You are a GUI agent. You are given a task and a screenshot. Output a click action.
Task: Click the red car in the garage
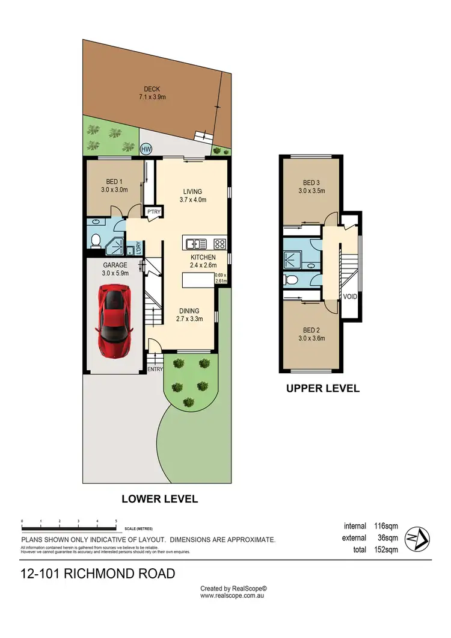114,321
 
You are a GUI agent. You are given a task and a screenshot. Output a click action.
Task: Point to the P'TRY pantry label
149,212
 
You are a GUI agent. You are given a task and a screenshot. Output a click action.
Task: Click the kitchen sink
196,244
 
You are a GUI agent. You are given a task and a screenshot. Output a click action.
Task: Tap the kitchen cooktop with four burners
219,244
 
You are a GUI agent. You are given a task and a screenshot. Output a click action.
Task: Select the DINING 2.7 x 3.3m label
193,315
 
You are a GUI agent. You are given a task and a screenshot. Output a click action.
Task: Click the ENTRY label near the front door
155,369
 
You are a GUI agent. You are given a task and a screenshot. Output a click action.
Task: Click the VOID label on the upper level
350,297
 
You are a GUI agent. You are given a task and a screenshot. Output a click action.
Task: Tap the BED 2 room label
310,334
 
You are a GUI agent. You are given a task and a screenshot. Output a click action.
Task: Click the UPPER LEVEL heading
322,388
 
